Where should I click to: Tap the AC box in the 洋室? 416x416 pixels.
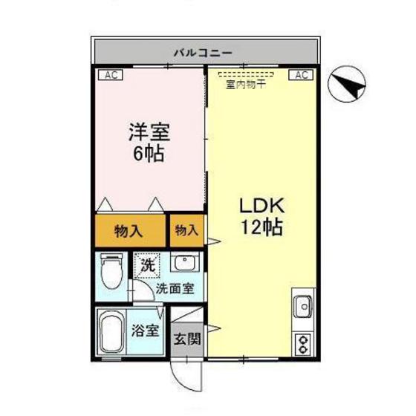(108, 74)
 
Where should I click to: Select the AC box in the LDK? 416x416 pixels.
(302, 74)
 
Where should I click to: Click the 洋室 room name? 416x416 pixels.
(149, 134)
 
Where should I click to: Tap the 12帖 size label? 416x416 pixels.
(260, 228)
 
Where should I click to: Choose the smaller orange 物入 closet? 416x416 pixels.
(186, 230)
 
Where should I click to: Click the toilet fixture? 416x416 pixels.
(112, 271)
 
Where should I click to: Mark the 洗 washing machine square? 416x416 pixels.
(145, 264)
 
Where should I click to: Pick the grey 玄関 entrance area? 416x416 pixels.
(187, 339)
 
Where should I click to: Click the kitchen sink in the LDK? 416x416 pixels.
(304, 305)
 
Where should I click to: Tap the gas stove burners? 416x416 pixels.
(304, 343)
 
